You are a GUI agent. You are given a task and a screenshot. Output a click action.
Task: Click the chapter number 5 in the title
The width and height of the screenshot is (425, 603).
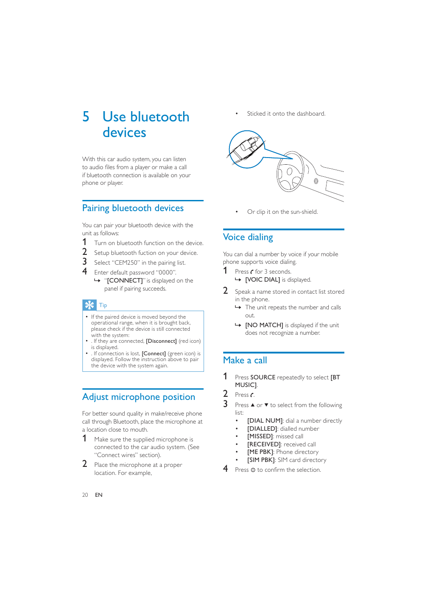click(86, 117)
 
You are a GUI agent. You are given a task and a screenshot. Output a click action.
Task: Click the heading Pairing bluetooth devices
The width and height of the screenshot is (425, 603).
click(133, 208)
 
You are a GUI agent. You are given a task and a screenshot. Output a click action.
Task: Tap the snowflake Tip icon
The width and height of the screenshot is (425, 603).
click(90, 305)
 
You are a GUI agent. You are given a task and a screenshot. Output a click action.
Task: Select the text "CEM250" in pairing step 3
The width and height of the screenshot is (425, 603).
click(126, 263)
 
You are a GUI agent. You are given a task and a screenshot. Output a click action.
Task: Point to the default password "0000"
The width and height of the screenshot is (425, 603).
click(166, 273)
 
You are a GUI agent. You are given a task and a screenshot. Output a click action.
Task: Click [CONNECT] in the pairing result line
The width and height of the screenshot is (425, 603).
click(125, 281)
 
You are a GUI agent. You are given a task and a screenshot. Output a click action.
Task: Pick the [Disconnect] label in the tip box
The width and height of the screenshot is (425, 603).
click(161, 341)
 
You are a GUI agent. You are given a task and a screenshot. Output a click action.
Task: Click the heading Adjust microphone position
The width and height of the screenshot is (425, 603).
click(139, 397)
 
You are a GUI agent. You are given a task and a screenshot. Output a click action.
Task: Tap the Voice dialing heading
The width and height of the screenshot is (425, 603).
click(248, 237)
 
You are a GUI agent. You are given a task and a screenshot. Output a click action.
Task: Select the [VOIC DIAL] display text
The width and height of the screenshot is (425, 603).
click(262, 280)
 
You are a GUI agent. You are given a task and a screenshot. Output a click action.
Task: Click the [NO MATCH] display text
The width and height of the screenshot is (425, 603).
click(264, 325)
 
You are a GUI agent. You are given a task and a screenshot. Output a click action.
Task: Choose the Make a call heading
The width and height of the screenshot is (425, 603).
click(245, 361)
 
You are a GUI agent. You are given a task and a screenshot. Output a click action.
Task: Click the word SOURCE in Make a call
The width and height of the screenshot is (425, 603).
click(262, 378)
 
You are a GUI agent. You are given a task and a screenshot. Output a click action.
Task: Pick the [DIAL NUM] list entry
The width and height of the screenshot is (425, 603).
click(265, 421)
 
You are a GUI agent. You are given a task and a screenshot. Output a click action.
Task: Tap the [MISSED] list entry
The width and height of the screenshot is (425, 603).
click(260, 437)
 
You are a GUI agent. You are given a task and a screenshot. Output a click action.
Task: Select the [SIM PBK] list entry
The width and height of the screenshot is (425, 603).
click(261, 460)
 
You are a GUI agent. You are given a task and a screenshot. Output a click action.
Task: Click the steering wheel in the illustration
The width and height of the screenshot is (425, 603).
click(290, 172)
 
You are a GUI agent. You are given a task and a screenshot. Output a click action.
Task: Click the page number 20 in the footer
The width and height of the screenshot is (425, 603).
click(85, 495)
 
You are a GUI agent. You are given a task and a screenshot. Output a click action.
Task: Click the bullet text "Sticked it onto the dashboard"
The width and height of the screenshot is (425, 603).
click(286, 114)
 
